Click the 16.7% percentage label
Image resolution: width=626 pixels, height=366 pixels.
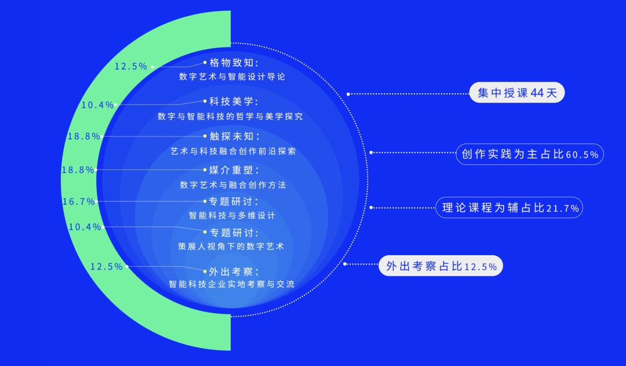(78, 201)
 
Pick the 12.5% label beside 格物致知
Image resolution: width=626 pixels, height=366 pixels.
(131, 66)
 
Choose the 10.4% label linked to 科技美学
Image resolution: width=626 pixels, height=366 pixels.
(97, 105)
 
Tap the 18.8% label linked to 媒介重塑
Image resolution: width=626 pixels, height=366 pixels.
(78, 170)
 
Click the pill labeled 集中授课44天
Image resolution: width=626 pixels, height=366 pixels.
(517, 93)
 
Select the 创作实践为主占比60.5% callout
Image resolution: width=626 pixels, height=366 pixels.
(530, 154)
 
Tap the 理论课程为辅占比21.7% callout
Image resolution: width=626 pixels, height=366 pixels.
(509, 208)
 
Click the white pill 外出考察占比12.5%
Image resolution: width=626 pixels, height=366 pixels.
(441, 266)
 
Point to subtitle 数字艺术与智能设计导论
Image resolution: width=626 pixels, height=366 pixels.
(232, 77)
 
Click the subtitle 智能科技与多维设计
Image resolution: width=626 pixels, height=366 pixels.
(232, 215)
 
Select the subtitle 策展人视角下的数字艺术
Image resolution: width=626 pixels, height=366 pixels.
(231, 247)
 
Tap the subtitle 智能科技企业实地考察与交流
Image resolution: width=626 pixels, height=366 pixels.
(231, 284)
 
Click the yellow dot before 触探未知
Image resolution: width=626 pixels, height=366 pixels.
(205, 136)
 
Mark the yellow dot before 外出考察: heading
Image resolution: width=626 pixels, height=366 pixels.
(205, 271)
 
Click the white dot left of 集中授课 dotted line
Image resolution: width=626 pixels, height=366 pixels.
(348, 95)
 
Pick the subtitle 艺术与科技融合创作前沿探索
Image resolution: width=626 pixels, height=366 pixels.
(234, 151)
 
